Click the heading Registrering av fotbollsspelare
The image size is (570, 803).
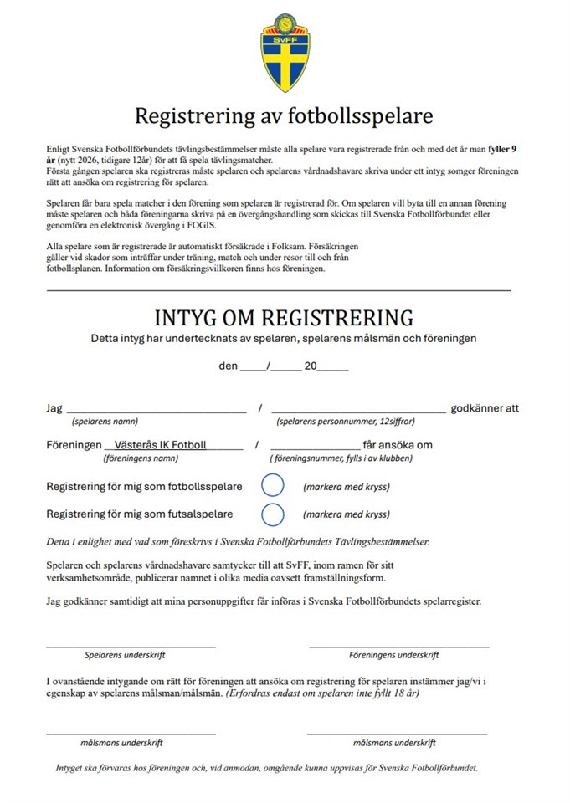click(x=284, y=114)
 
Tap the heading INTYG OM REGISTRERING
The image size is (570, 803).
click(x=284, y=318)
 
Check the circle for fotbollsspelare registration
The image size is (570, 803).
click(x=273, y=486)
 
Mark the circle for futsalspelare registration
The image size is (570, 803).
click(x=273, y=514)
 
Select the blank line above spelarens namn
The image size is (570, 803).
click(x=156, y=410)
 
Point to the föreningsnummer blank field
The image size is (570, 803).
click(x=315, y=447)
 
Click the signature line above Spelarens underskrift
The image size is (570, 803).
click(x=131, y=645)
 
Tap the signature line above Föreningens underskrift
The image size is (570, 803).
click(x=398, y=645)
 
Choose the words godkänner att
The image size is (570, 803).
click(x=485, y=408)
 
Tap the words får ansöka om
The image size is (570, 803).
click(x=398, y=445)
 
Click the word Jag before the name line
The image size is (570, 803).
click(x=54, y=408)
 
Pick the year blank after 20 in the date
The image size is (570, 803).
click(x=333, y=367)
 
